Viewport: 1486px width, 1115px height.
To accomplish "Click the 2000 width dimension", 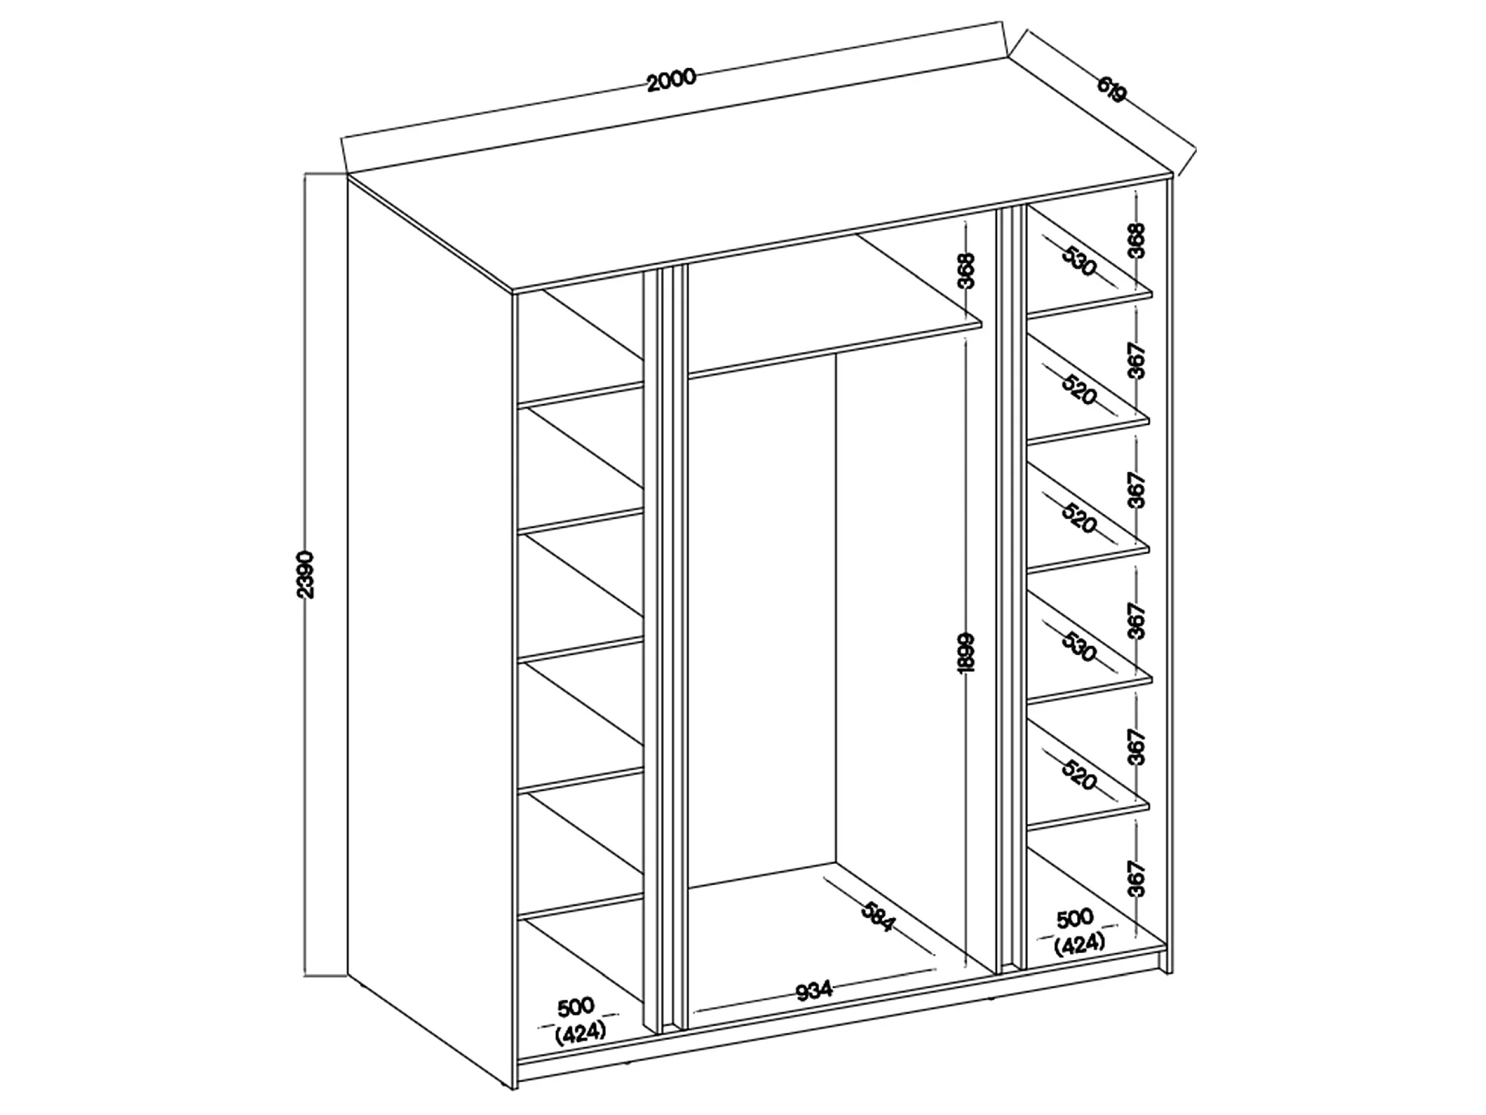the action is coord(671,79).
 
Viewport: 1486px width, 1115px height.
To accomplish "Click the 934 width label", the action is coord(814,991).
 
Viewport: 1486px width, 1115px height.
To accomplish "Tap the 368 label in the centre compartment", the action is coord(967,271).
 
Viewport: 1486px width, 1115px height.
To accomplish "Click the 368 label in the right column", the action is coord(1136,240).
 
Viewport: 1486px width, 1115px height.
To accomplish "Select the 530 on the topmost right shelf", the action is coord(1079,262).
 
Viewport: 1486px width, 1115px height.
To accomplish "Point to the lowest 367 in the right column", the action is coord(1136,878).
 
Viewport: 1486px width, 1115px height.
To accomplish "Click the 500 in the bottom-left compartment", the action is coord(577,1005).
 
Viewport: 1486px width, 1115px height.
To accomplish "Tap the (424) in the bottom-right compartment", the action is coord(1079,944).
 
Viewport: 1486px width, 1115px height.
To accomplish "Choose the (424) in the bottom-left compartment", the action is coord(580,1032).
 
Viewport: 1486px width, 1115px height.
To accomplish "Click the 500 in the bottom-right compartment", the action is coord(1075,918).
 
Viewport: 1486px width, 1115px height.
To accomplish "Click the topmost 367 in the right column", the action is coord(1136,361).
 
